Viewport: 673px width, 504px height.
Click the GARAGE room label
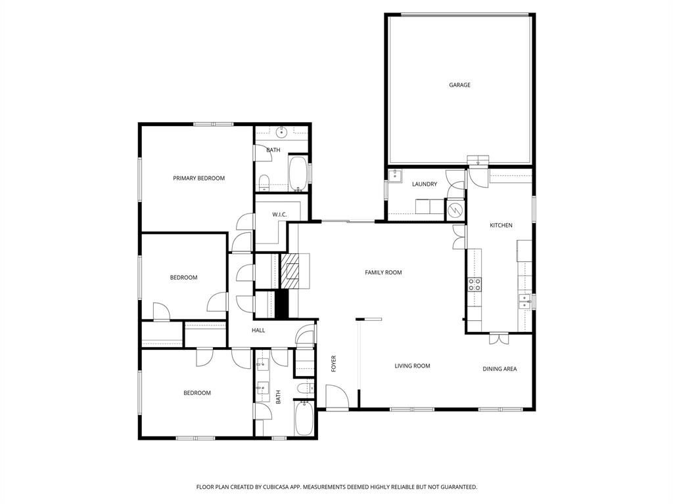pos(459,85)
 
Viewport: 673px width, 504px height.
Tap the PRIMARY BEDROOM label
pos(198,178)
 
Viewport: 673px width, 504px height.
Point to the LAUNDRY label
pos(424,184)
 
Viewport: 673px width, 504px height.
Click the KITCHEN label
pos(501,225)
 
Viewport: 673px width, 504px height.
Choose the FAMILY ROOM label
pos(383,272)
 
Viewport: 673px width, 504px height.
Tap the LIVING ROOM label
pos(412,366)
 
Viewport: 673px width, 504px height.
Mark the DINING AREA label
pos(499,369)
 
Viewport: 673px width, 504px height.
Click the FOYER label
pos(333,363)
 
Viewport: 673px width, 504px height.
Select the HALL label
pos(258,330)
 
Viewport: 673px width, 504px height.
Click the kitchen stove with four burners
pos(474,283)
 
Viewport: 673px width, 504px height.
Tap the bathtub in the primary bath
pos(298,174)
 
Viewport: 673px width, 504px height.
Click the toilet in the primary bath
pos(263,181)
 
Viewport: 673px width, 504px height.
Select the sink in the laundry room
pos(394,175)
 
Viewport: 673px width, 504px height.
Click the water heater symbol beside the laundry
pos(455,210)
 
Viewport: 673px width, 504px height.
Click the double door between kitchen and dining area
pos(499,339)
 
